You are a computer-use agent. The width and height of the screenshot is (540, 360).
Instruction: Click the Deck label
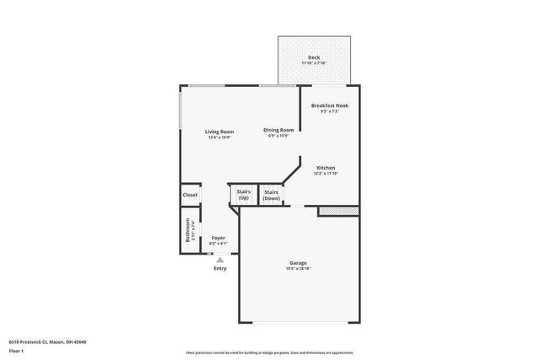[313, 58]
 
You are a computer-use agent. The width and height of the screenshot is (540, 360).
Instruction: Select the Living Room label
[219, 132]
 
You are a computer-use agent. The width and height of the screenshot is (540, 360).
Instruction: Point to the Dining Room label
[278, 130]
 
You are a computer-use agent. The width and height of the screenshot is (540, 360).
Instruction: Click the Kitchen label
[326, 168]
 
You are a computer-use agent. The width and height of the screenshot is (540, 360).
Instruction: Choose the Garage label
[297, 262]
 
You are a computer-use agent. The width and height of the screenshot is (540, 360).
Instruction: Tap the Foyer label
[219, 239]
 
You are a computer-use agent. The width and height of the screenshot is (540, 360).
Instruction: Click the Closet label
[190, 195]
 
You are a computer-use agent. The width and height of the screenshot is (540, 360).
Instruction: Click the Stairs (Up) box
[242, 195]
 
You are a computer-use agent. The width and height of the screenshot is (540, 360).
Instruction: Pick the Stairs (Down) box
[271, 195]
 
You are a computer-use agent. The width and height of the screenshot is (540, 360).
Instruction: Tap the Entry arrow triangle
[219, 260]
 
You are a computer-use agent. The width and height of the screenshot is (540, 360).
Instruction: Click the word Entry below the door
[219, 268]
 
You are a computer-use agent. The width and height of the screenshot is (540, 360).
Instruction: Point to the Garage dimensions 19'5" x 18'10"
[297, 268]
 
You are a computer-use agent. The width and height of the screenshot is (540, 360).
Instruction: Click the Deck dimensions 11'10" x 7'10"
[313, 64]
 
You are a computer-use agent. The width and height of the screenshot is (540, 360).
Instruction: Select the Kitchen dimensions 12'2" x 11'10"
[326, 174]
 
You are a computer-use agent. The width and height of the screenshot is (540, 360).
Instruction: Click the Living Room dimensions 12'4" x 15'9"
[219, 137]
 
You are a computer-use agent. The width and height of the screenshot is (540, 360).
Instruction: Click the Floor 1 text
[16, 352]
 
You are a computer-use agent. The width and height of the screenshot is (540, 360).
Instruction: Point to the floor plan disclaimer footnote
[269, 352]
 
